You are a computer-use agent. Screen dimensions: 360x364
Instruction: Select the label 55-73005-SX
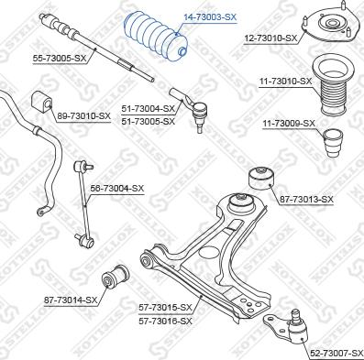tap(60, 58)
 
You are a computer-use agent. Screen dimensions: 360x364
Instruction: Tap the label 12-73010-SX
tap(271, 38)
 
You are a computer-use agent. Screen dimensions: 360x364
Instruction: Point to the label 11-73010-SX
tap(285, 82)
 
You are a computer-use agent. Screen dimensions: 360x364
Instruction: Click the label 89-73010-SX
tap(83, 116)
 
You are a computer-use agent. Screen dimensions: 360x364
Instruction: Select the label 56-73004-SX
tap(117, 188)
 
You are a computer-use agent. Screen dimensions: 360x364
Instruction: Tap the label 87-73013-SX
tap(306, 200)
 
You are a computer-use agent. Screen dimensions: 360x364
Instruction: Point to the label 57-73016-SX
tap(165, 321)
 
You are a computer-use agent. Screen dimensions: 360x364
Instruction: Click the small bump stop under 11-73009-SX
tap(333, 144)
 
